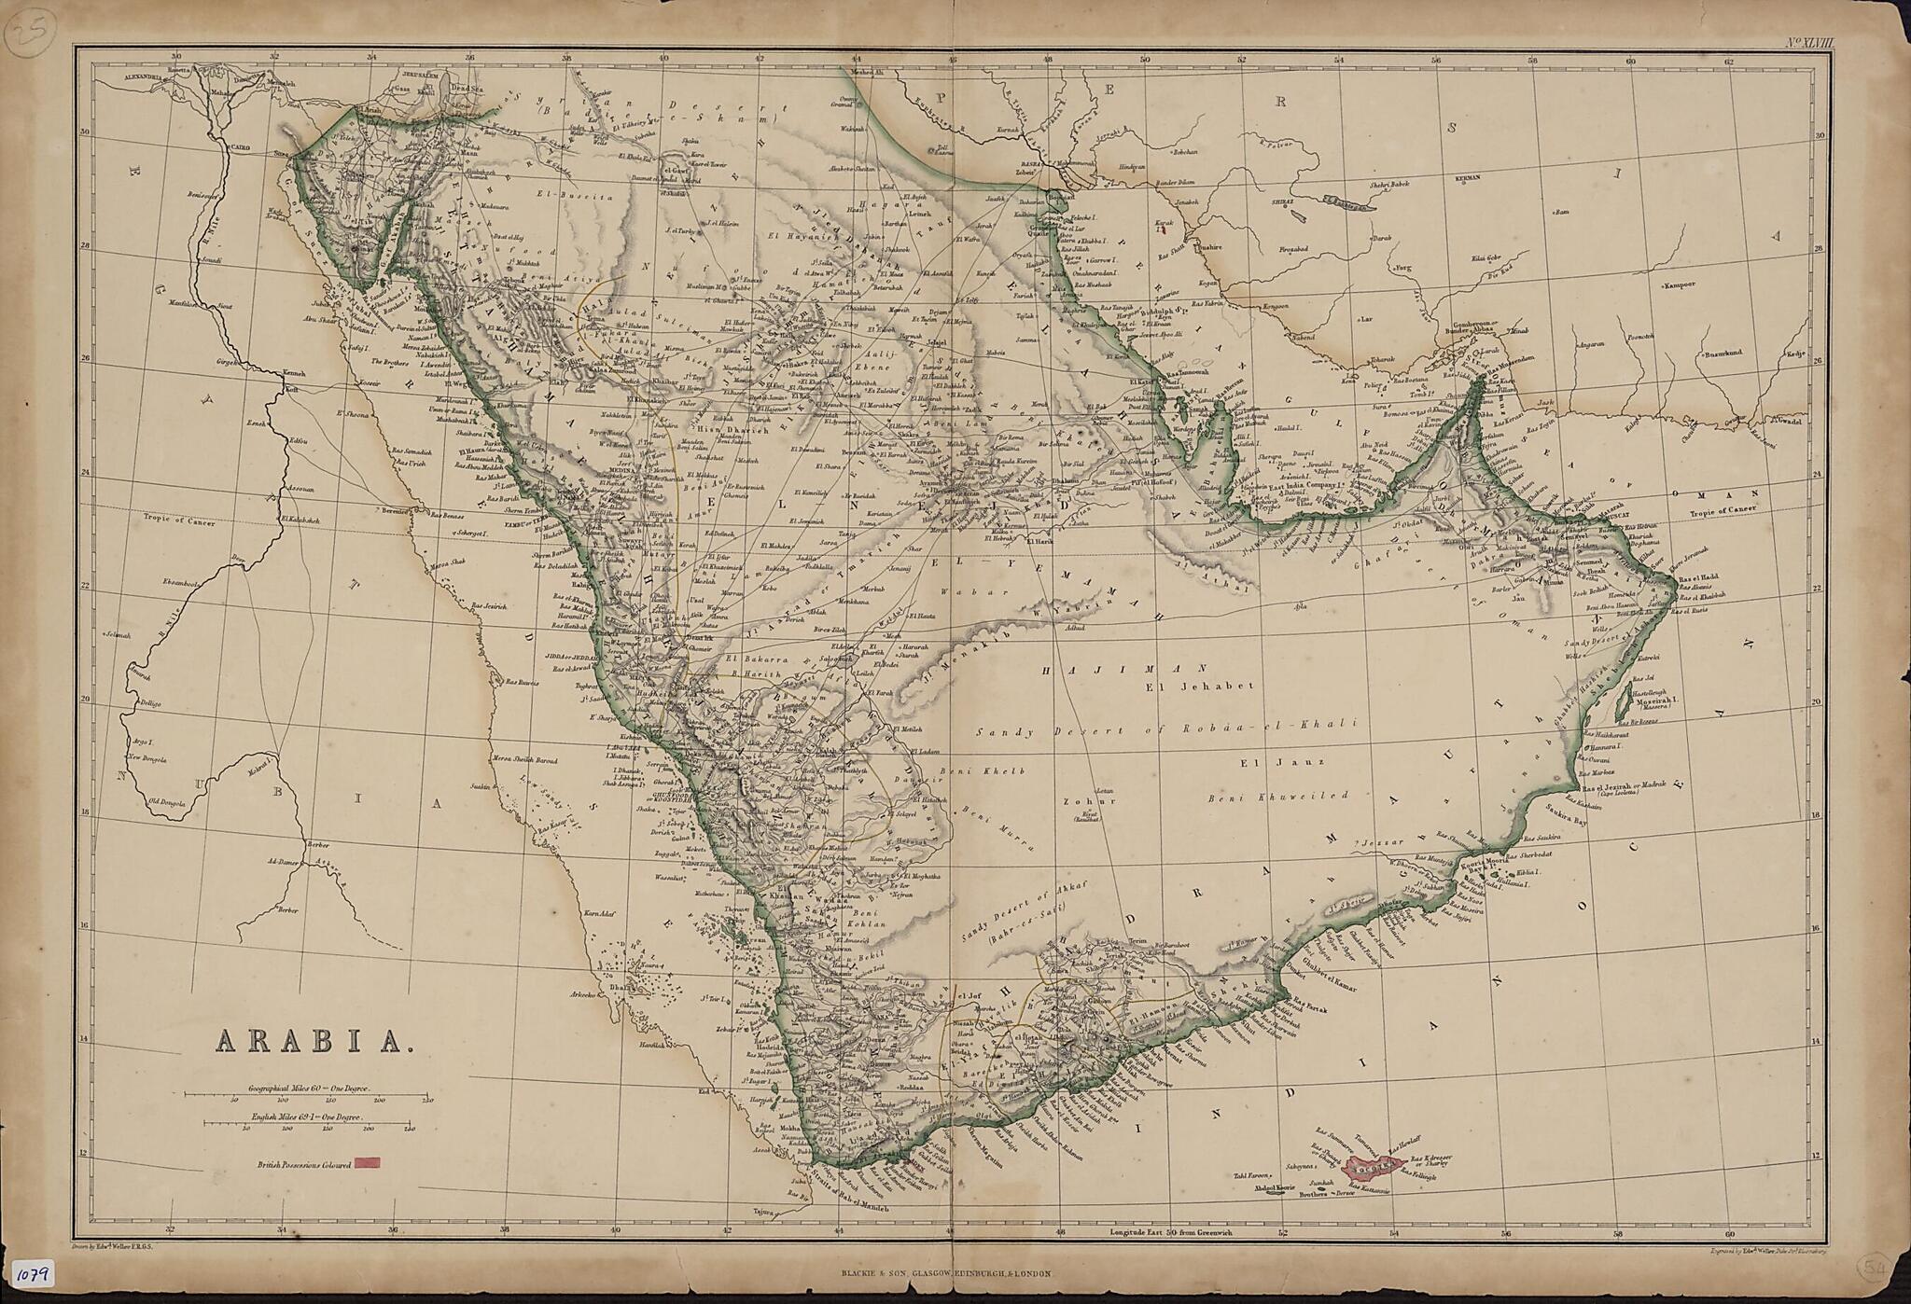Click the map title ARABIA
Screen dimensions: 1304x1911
click(314, 1040)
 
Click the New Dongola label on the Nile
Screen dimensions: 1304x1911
click(147, 759)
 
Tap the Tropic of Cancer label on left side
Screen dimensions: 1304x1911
click(179, 522)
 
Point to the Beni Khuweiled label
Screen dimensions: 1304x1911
click(1277, 797)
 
